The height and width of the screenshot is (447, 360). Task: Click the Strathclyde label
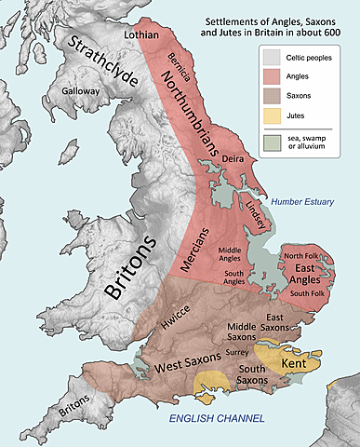(101, 58)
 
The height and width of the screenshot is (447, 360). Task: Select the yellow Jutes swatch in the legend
(271, 116)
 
